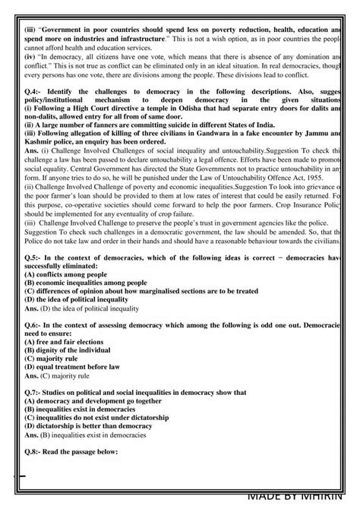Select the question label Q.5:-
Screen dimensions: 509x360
pos(33,259)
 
